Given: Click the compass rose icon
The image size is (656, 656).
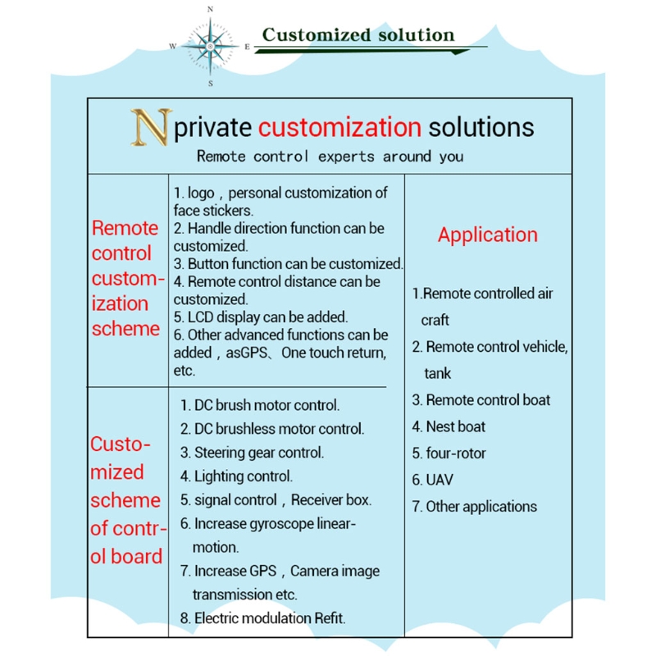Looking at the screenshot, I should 211,46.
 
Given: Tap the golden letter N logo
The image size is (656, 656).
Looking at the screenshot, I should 151,127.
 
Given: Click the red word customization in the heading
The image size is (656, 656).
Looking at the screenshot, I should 339,127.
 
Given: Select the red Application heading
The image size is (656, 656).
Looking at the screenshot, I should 487,235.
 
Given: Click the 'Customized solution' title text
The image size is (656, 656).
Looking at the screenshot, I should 358,35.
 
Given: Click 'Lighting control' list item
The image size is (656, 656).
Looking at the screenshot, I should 243,476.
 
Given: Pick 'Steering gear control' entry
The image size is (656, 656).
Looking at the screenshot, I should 258,452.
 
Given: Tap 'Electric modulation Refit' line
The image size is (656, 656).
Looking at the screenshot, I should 269,618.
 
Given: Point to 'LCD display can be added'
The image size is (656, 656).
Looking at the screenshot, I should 267,317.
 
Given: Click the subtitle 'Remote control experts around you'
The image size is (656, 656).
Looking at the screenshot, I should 330,157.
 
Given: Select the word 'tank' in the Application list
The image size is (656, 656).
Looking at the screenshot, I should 438,374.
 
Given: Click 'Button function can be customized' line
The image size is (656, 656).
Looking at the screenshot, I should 294,264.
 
